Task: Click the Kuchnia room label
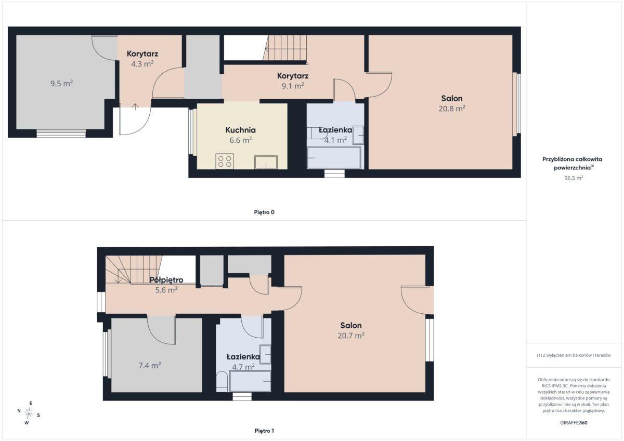tap(240, 130)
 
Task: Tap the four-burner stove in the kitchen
tap(225, 162)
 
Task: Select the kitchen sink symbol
tap(266, 162)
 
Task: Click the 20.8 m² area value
tap(452, 108)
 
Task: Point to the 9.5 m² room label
tap(61, 83)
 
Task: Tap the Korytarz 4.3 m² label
tap(142, 58)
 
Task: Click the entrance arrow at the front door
tap(135, 106)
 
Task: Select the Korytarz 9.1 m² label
tap(292, 81)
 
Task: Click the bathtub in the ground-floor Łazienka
tap(334, 158)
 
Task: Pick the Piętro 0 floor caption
tap(264, 212)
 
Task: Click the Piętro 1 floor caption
tap(264, 431)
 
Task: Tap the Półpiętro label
tap(166, 280)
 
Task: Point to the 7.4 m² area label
tap(150, 365)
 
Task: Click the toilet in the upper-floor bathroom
tap(222, 381)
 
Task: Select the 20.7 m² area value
tap(351, 336)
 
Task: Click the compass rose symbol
tap(29, 413)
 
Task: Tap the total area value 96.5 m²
tap(574, 178)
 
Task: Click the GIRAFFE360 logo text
tap(574, 423)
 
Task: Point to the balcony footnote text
tap(574, 355)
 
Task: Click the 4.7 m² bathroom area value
tap(243, 367)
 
